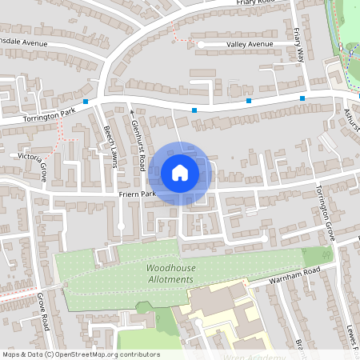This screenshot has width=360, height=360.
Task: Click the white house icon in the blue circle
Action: pyautogui.click(x=179, y=172)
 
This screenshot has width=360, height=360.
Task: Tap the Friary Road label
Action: pyautogui.click(x=256, y=3)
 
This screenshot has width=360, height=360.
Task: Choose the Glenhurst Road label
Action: pyautogui.click(x=138, y=139)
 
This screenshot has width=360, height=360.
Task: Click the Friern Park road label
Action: pyautogui.click(x=137, y=194)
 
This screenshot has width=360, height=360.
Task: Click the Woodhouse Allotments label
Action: pyautogui.click(x=170, y=274)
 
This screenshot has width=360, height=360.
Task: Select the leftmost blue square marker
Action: pyautogui.click(x=85, y=102)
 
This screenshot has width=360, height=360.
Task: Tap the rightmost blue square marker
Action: pyautogui.click(x=302, y=98)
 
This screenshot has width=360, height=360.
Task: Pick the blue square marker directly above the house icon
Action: pyautogui.click(x=194, y=110)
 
